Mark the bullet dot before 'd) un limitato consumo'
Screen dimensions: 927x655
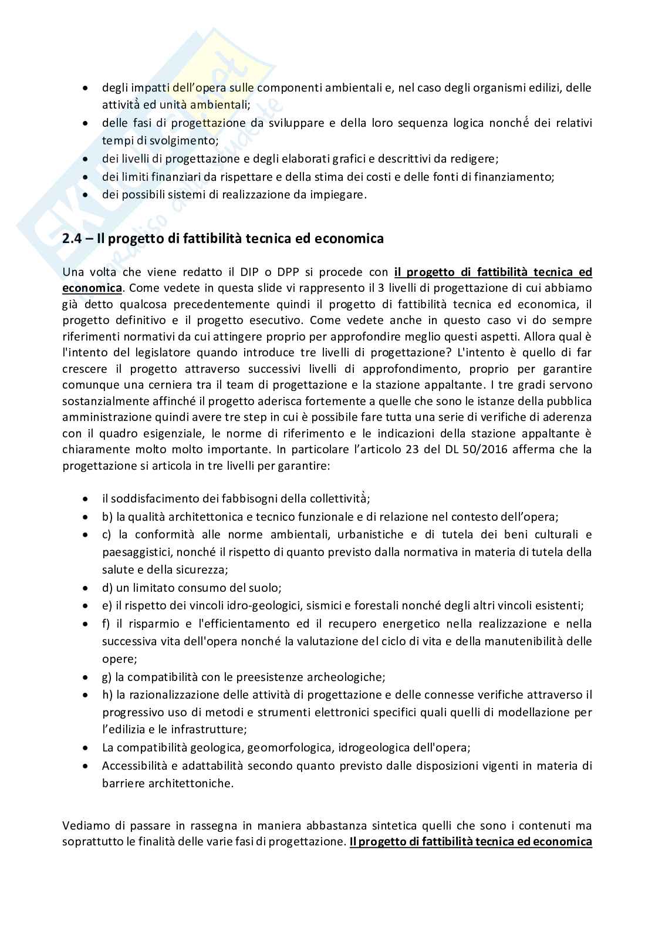(86, 588)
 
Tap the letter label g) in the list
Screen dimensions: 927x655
(107, 677)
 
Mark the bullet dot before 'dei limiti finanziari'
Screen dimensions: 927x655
(86, 177)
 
